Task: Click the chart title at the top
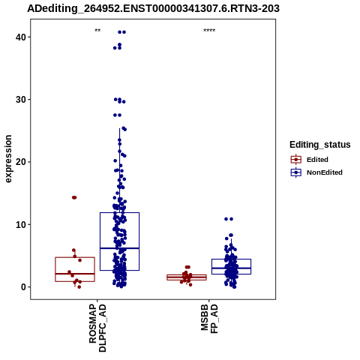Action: click(153, 8)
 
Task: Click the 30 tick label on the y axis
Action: click(21, 100)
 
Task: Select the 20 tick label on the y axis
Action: click(21, 162)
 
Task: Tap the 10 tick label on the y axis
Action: click(21, 224)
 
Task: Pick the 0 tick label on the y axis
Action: click(24, 287)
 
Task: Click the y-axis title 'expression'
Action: click(8, 159)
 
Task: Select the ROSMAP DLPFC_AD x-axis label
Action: click(97, 328)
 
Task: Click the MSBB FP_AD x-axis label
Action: click(209, 319)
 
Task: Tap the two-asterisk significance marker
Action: click(97, 31)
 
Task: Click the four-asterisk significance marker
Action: click(209, 31)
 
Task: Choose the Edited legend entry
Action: click(310, 160)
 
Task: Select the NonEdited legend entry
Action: click(316, 172)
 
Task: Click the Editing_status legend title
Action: click(320, 145)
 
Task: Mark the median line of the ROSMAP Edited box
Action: click(75, 274)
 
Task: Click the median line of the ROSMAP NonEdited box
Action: click(119, 248)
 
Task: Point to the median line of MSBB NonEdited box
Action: click(231, 268)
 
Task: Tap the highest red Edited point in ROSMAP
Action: click(74, 197)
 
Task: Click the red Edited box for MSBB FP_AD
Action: click(187, 277)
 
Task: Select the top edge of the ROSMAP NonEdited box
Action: click(119, 213)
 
